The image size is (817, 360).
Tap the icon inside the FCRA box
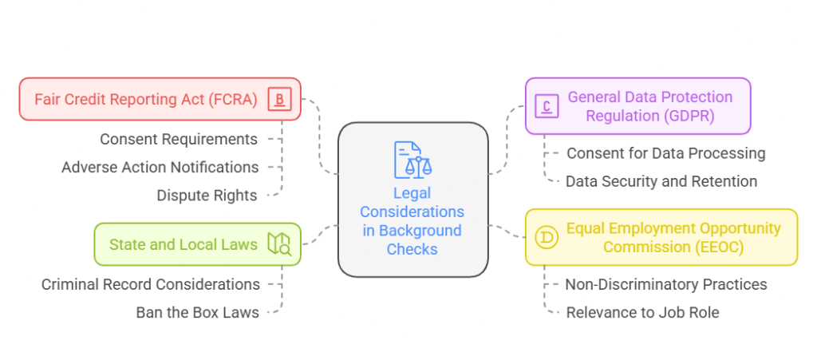click(x=279, y=100)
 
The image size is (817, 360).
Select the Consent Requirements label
click(x=179, y=140)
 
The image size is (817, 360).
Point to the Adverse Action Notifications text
click(x=160, y=168)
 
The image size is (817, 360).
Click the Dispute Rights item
click(x=207, y=196)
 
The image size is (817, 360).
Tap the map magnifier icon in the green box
click(x=279, y=244)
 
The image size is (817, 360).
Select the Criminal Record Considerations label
click(x=151, y=284)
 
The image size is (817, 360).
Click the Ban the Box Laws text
click(x=197, y=312)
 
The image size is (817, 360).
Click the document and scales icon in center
click(x=412, y=160)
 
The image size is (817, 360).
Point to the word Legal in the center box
click(x=412, y=193)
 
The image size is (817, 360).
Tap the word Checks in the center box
click(x=412, y=249)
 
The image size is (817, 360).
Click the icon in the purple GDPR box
click(x=547, y=105)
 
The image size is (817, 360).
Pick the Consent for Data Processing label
click(x=665, y=153)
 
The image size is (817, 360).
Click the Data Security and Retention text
click(x=661, y=181)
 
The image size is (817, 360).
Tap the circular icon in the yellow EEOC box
click(x=547, y=238)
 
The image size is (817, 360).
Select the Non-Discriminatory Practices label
click(x=666, y=284)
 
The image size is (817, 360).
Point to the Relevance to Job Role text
click(x=642, y=312)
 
